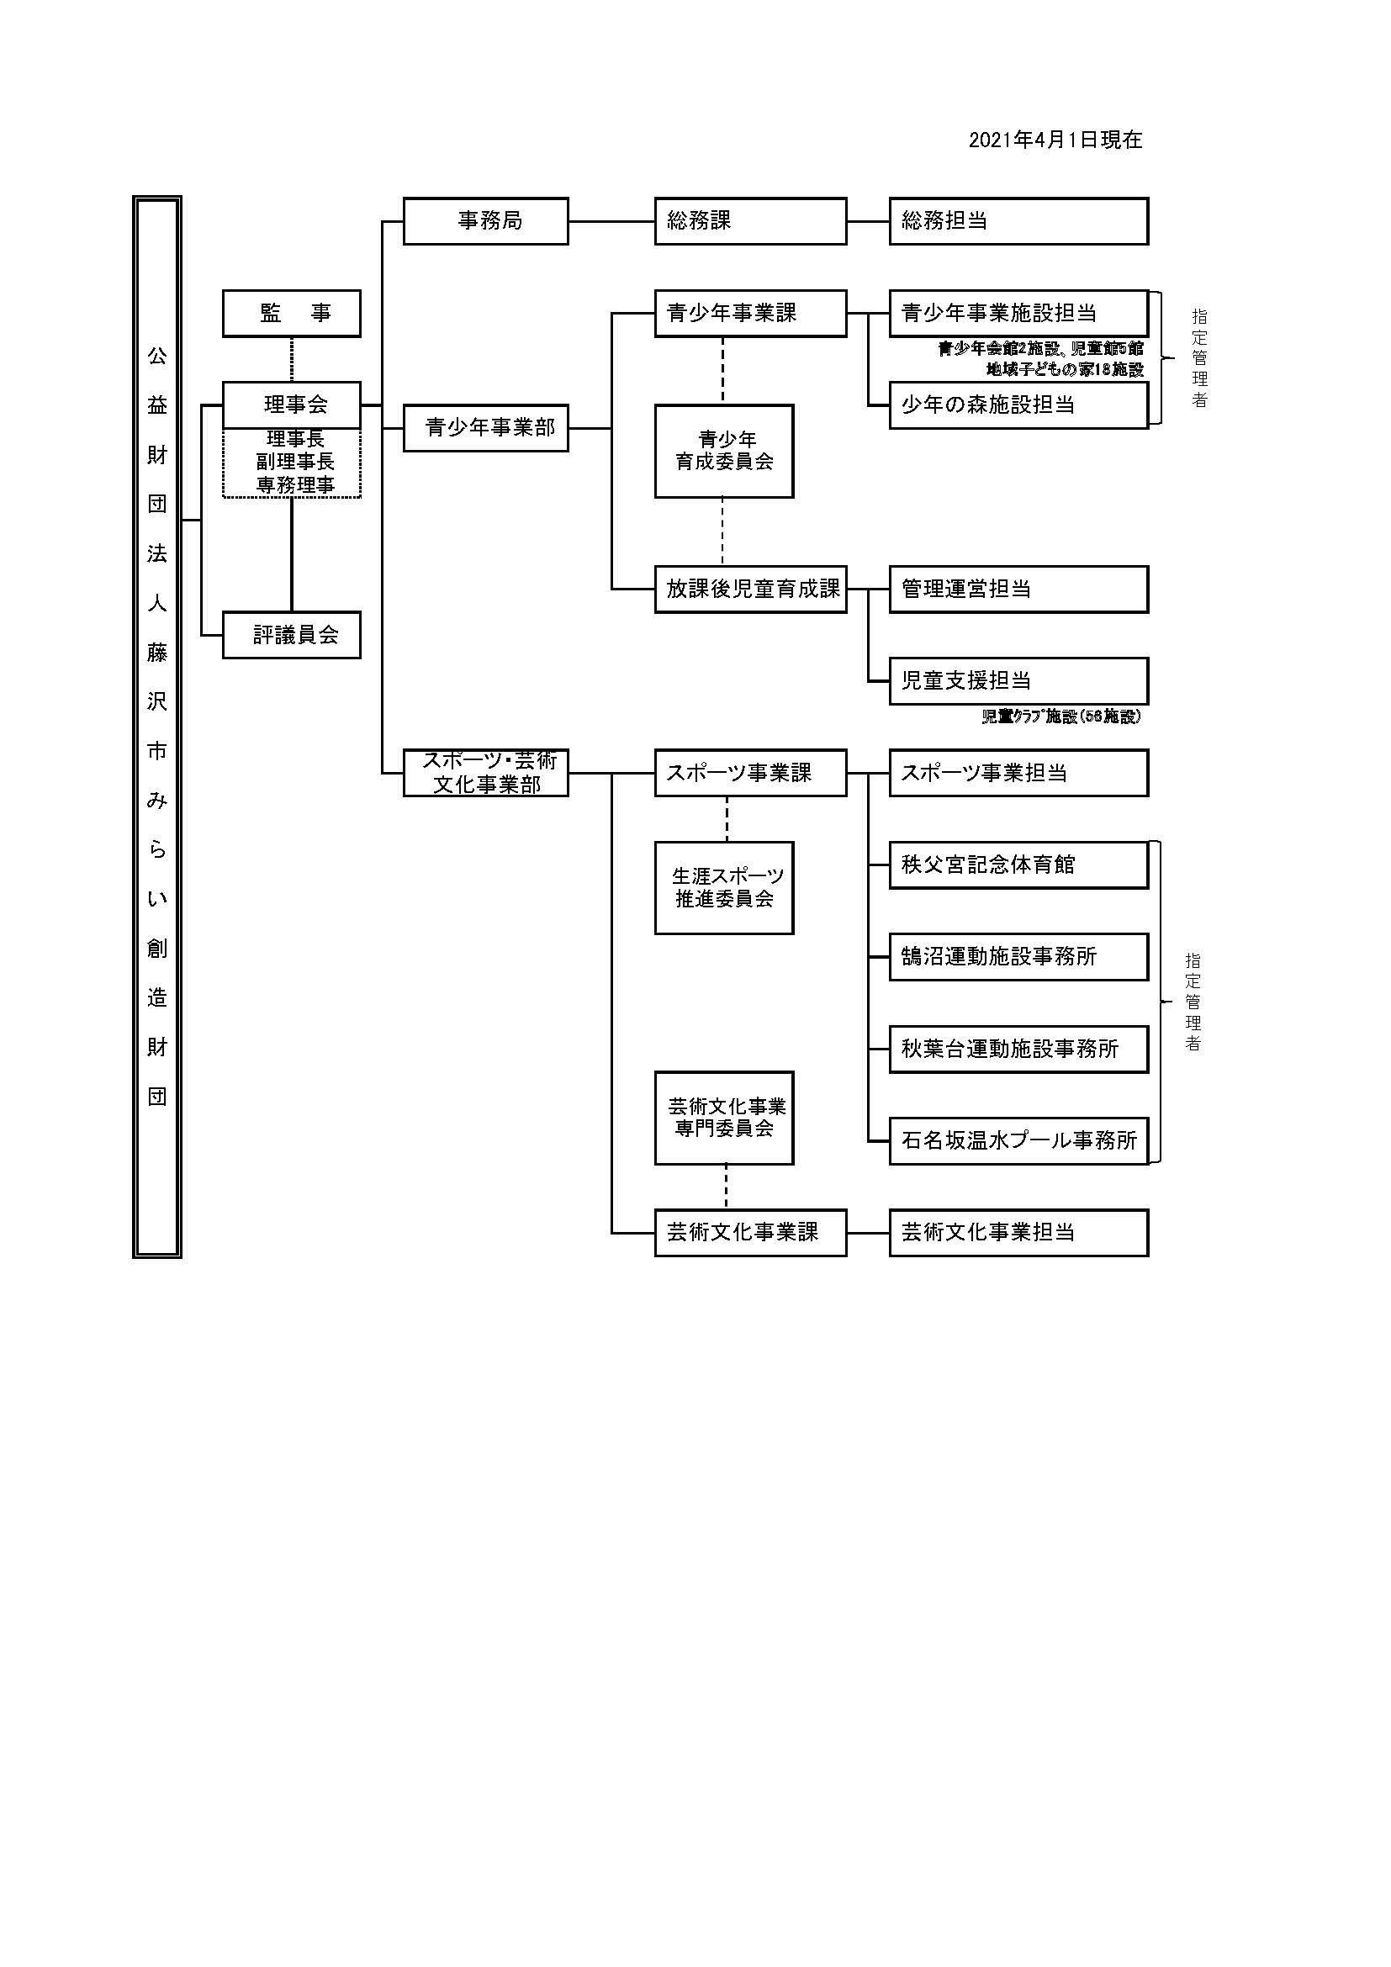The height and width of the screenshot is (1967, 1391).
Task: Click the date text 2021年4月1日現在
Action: coord(1055,140)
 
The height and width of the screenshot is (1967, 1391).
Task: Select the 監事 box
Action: coord(291,314)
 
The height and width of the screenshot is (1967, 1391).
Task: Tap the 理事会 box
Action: coord(291,405)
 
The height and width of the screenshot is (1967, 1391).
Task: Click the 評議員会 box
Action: coord(291,635)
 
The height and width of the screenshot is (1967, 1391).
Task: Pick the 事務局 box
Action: coord(485,221)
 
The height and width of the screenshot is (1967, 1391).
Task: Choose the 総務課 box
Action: coord(750,221)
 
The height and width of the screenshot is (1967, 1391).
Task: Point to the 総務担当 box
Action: coord(1018,221)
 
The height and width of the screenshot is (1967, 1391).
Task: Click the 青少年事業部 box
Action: coord(485,427)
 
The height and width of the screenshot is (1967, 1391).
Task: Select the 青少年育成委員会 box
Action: coord(724,451)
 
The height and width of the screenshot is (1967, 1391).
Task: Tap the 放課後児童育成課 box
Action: coord(750,589)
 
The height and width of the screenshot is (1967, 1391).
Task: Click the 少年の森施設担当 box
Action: coord(1018,405)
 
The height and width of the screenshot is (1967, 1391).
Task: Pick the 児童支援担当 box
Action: coord(1018,681)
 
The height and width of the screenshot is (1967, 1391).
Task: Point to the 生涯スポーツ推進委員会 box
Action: coord(724,887)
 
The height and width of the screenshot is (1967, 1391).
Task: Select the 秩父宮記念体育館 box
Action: coord(1018,865)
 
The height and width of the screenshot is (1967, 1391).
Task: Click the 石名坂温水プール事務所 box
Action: coord(1018,1140)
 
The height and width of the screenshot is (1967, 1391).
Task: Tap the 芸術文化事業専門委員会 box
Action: coord(724,1117)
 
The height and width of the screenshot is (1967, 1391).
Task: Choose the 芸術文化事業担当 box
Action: coord(1018,1232)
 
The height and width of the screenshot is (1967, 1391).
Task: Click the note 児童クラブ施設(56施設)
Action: coord(1061,717)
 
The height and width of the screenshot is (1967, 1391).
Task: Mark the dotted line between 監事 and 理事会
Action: coord(292,359)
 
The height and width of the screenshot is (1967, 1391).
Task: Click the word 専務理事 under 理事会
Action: coord(294,485)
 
